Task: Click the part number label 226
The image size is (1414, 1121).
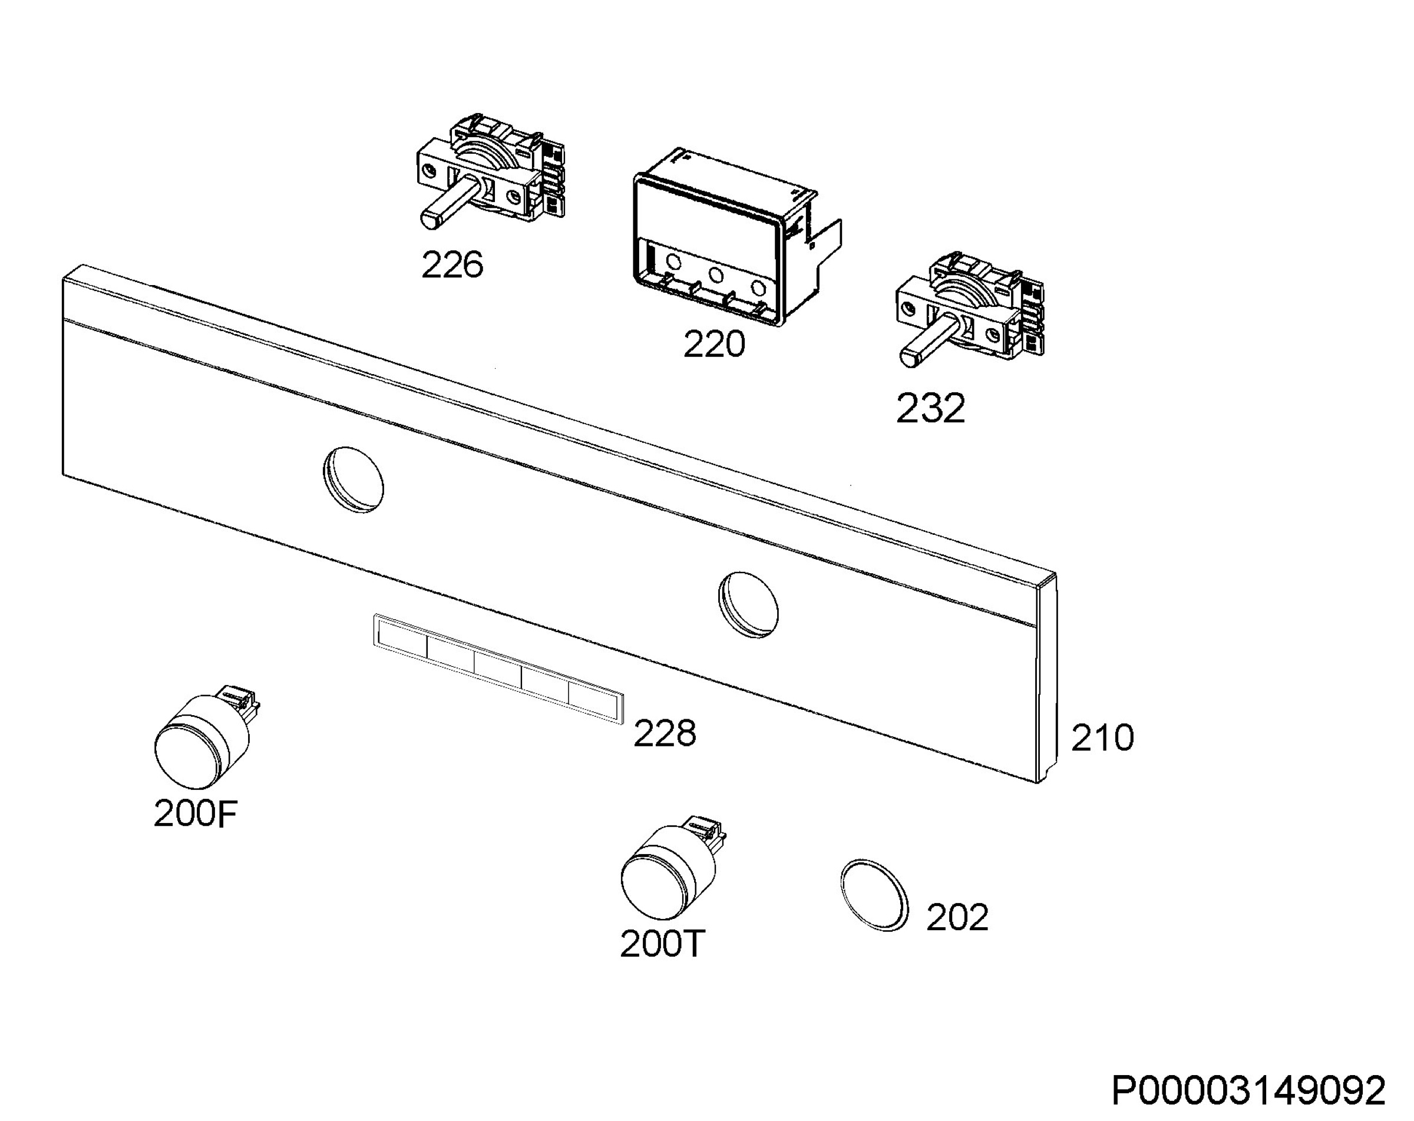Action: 452,265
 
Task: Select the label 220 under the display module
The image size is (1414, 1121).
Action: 714,343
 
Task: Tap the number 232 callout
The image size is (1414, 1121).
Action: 931,408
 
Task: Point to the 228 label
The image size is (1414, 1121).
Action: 665,733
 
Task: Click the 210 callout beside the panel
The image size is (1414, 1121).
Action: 1102,738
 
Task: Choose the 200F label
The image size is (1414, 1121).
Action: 195,814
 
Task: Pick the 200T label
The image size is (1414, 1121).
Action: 662,944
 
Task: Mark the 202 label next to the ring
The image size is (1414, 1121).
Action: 957,917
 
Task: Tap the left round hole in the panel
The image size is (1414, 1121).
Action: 353,480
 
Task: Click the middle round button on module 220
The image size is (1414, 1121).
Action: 715,275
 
